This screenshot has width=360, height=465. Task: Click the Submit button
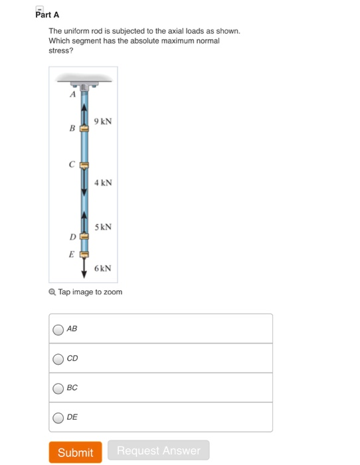click(75, 452)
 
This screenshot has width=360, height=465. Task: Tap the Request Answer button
click(158, 451)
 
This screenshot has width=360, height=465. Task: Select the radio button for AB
click(58, 329)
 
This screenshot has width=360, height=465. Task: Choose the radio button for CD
click(58, 359)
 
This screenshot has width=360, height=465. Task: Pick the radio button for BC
click(58, 388)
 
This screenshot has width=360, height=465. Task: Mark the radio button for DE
click(58, 417)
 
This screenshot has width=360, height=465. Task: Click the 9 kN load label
click(103, 122)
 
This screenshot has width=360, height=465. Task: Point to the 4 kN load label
click(103, 182)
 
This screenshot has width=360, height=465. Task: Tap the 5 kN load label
click(103, 227)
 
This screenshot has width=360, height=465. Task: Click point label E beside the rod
click(71, 253)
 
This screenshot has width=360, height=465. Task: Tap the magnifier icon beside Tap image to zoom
click(52, 292)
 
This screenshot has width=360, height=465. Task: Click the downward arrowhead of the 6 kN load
click(84, 273)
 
